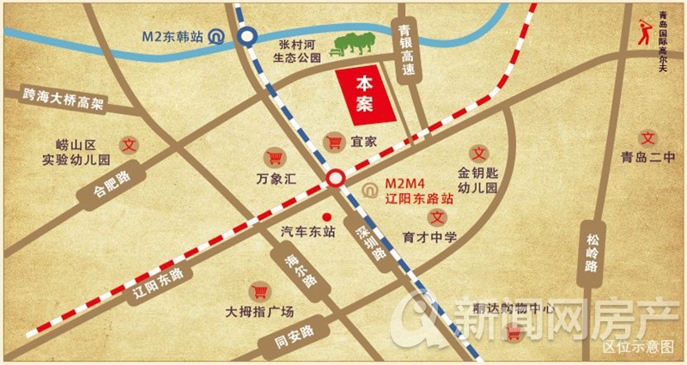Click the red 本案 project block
tap(366, 94)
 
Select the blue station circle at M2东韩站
tap(247, 37)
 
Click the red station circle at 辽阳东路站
tap(336, 179)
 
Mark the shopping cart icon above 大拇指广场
tap(258, 291)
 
